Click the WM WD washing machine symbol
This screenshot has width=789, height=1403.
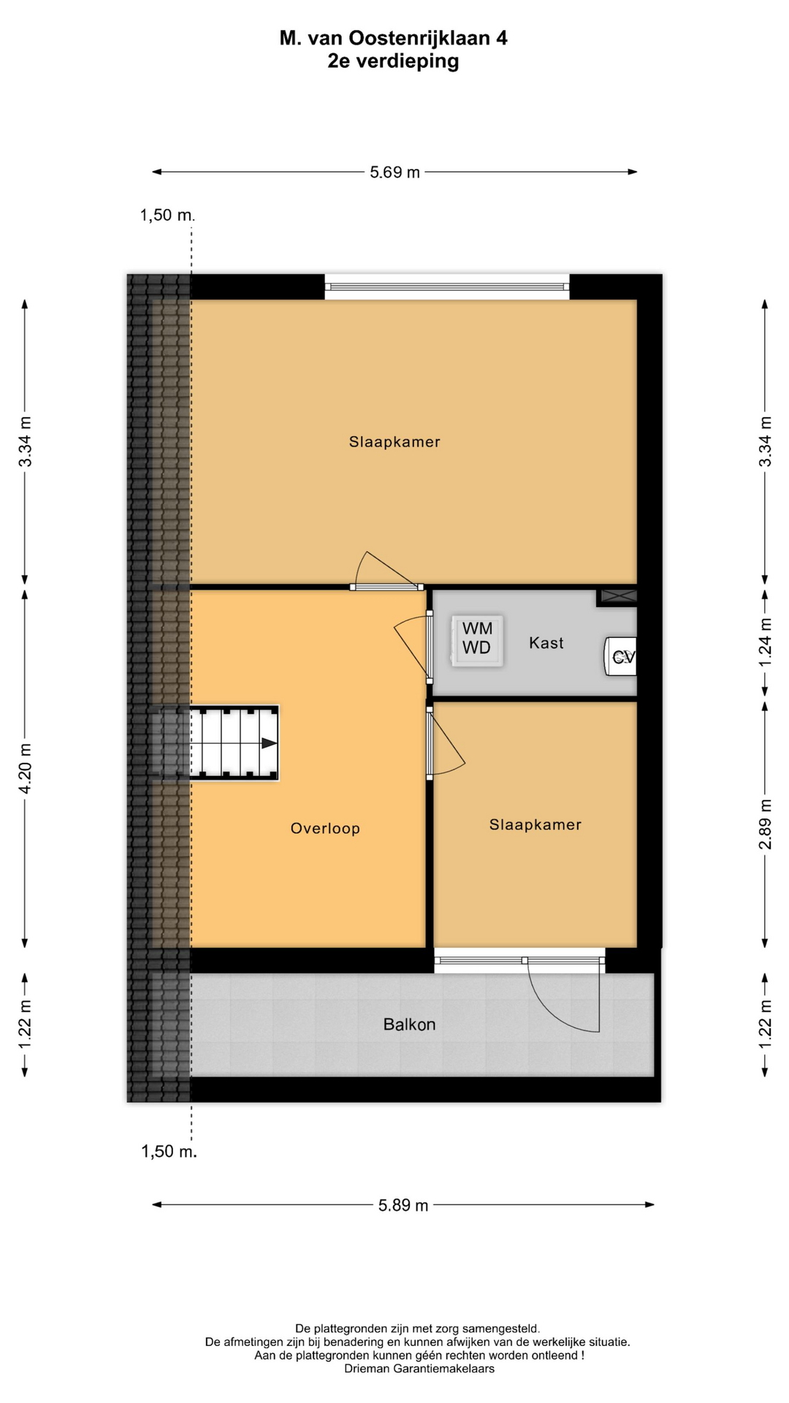coord(477,640)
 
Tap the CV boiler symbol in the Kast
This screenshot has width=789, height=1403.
coord(620,657)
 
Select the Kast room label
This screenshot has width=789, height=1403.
coord(546,643)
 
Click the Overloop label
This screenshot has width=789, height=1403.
coord(325,829)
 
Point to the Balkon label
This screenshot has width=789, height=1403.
coord(409,1024)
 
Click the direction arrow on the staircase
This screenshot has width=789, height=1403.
coord(269,743)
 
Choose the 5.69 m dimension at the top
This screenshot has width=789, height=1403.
coord(394,172)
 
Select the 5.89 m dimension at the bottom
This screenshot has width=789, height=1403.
coord(403,1205)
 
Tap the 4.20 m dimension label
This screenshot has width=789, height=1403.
coord(25,768)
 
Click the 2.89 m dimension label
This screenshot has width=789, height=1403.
coord(765,824)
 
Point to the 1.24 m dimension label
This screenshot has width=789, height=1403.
coord(765,642)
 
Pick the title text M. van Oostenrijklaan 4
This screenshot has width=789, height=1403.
coord(394,38)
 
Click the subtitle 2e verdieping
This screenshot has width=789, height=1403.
coord(394,61)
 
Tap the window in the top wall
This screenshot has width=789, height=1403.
coord(447,286)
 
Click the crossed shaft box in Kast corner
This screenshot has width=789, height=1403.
coord(618,596)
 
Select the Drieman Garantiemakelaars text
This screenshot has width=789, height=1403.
coord(419,1369)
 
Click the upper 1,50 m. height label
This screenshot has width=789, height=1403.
coord(168,215)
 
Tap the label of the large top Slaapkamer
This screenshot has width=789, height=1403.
coord(394,442)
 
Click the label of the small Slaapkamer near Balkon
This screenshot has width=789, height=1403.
coord(535,825)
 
